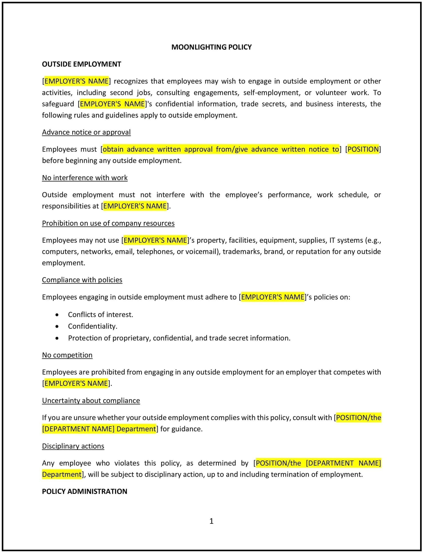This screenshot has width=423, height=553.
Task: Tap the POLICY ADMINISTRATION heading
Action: coord(84,491)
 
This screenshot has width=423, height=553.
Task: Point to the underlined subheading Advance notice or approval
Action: coord(86,132)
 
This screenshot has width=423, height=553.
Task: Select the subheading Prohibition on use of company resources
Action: coord(108,223)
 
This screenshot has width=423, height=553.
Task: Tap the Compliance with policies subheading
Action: coord(82,280)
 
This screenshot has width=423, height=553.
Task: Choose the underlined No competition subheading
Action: coord(67,355)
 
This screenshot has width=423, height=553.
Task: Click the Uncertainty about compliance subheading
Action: coord(91,400)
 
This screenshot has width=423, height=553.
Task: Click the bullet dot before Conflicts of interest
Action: coord(57,315)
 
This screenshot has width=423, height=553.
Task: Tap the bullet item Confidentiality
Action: coord(92,326)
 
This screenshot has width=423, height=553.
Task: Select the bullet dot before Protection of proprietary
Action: coord(57,338)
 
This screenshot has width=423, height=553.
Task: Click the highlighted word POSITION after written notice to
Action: coord(363,149)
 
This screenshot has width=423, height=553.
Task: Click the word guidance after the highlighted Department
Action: coord(187,429)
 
